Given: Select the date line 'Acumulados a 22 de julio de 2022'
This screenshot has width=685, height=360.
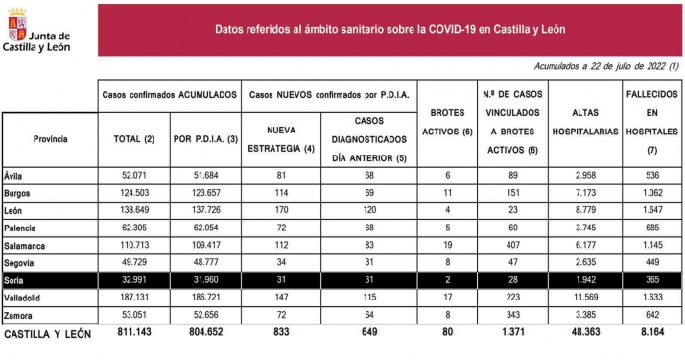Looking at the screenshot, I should (x=605, y=66).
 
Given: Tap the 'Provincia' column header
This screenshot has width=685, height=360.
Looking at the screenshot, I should (x=50, y=139).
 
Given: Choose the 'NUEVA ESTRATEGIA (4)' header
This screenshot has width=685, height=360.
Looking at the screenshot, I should (x=281, y=138).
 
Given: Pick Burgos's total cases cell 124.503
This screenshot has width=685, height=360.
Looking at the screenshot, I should (x=133, y=193).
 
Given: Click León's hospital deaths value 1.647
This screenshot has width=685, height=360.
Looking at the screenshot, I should (x=651, y=211).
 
